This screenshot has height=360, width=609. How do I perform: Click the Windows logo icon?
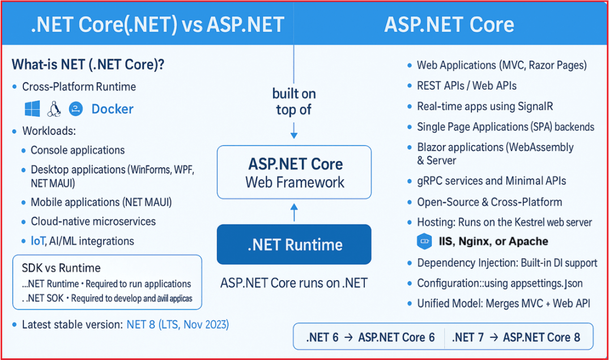32,109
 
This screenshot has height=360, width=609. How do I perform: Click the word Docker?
112,109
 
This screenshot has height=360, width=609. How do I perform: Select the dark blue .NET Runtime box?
294,245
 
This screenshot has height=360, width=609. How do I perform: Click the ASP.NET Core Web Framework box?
294,172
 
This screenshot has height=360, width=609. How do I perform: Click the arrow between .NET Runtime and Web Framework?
294,212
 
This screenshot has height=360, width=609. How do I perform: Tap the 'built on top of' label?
294,101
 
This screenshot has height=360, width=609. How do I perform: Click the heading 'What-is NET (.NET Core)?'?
88,64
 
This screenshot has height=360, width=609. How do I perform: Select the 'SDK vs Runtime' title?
61,268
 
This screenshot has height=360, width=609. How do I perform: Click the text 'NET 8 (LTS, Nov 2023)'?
178,325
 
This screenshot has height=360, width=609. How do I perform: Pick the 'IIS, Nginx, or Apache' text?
493,242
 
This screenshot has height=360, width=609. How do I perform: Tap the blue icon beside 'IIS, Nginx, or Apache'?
424,242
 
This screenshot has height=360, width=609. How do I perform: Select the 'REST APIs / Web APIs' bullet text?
466,86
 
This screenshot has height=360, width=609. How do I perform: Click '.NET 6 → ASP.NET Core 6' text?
370,337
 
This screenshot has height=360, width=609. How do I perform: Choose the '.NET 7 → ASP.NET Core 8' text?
516,337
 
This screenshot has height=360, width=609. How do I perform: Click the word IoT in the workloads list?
37,241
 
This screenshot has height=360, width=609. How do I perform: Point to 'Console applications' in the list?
78,150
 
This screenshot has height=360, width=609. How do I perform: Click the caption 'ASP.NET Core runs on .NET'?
293,282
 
